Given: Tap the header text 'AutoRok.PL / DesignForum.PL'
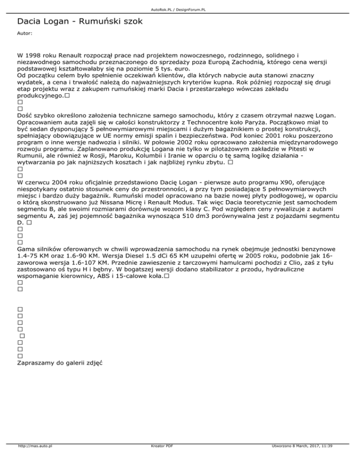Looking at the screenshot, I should pyautogui.click(x=180, y=9).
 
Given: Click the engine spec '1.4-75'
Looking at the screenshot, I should pyautogui.click(x=28, y=257).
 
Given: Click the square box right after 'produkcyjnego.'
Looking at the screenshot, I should pyautogui.click(x=68, y=95).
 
